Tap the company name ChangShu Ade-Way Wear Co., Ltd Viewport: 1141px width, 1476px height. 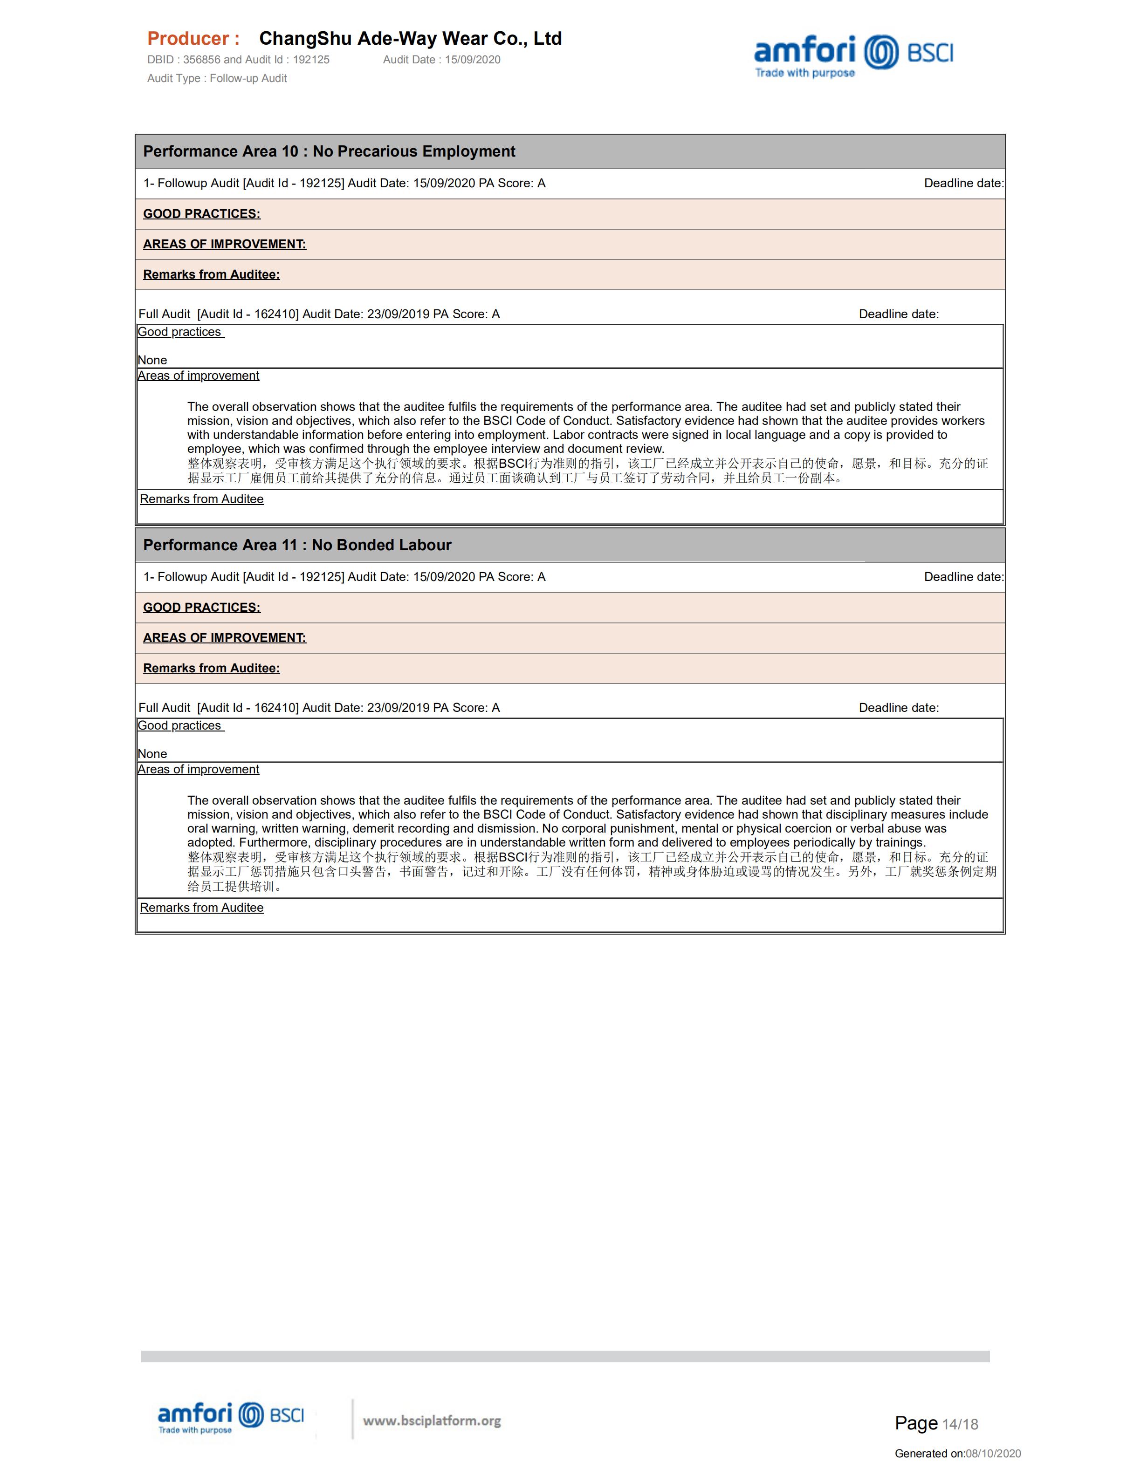tap(410, 39)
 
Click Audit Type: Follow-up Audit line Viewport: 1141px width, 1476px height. tap(217, 78)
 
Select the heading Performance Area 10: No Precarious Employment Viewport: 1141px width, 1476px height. tap(329, 151)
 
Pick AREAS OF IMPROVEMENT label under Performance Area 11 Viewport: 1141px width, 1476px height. tap(224, 638)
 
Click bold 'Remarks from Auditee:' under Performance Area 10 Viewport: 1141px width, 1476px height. tap(211, 274)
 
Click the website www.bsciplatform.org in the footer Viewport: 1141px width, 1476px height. tap(432, 1421)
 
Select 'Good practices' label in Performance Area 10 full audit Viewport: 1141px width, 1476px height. tap(180, 332)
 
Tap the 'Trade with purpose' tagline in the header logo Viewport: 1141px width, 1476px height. tap(804, 73)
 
